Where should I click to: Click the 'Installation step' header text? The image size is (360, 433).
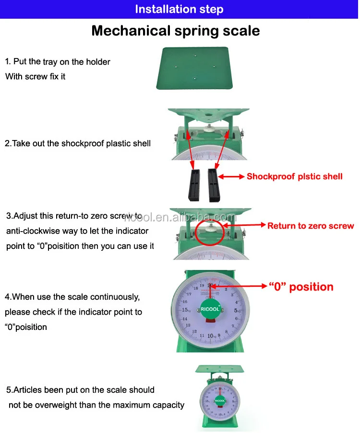coord(179,9)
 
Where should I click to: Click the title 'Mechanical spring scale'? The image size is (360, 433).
coord(176,31)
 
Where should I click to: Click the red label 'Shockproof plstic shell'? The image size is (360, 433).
coord(294,176)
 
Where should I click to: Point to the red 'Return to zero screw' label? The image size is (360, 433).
coord(310,226)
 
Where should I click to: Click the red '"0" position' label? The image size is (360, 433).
coord(300,287)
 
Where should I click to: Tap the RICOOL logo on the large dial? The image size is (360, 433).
coord(210,309)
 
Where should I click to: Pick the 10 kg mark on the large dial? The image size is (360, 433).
coord(211,335)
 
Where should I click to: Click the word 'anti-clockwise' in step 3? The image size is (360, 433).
coord(31,231)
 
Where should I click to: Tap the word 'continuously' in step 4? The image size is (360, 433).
coord(115,297)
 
